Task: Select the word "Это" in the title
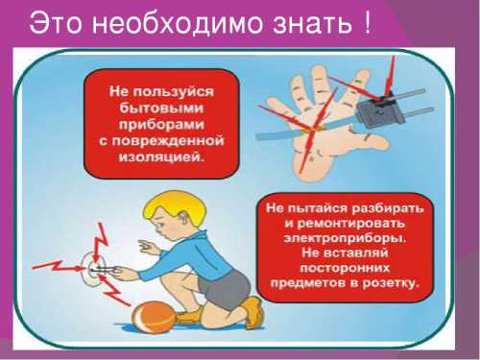(60, 24)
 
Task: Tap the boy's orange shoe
(251, 313)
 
